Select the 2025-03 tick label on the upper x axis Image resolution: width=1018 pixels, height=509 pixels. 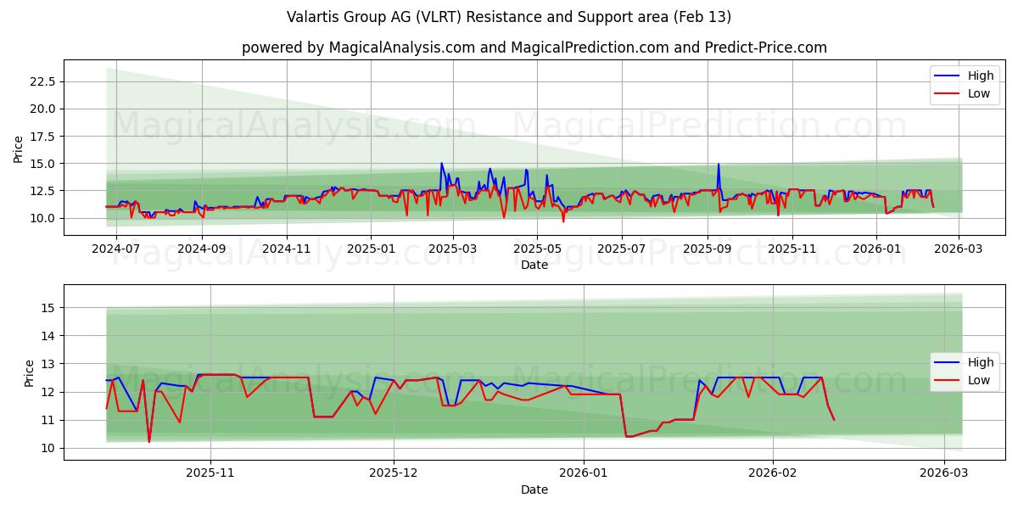tap(452, 249)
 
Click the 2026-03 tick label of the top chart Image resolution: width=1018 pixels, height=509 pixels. tap(959, 249)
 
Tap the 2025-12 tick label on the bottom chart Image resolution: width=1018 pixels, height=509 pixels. tap(394, 473)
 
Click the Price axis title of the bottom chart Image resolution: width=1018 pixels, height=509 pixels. tap(30, 372)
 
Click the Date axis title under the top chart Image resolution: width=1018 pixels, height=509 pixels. tap(534, 265)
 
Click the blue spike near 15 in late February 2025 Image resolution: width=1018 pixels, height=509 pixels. tap(441, 164)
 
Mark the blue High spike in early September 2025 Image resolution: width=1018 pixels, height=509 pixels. tap(719, 165)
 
